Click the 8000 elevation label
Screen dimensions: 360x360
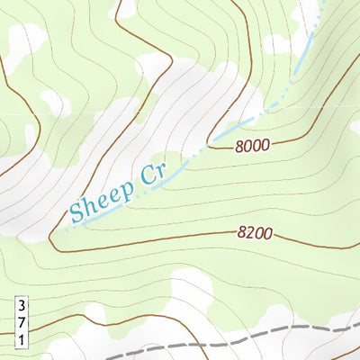pos(253,146)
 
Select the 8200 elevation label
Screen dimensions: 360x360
pos(256,232)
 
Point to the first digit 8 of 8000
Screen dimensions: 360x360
pos(241,147)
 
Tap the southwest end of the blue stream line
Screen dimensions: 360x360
pos(65,230)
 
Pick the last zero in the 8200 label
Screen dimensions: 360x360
pos(268,233)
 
